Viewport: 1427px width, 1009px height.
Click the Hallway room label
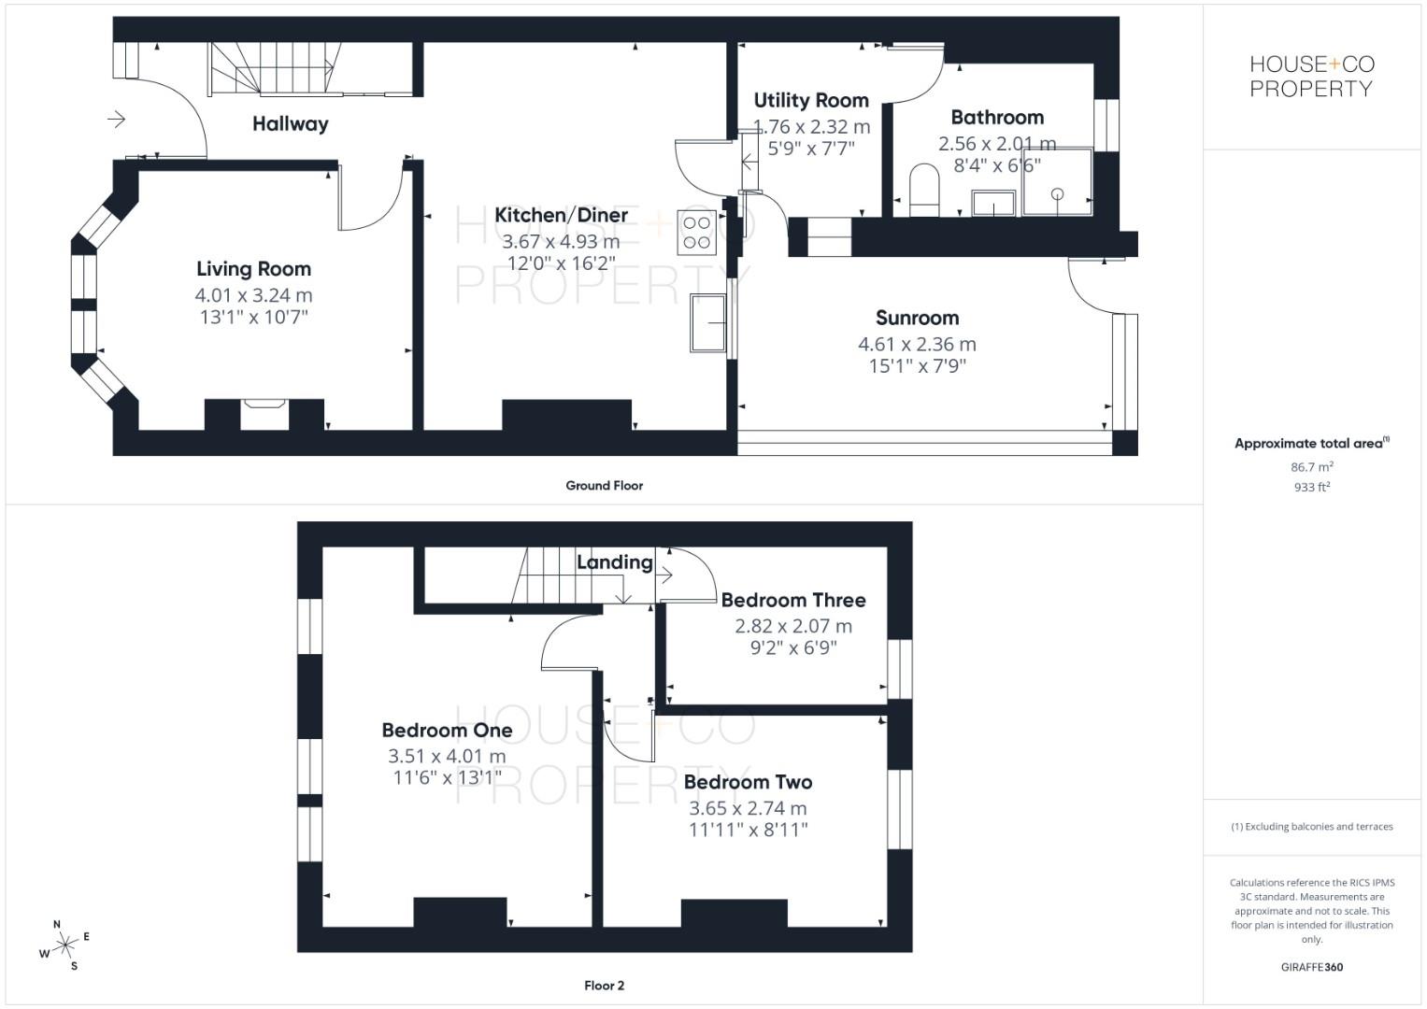pos(290,124)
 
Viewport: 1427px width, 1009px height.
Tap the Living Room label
pos(253,269)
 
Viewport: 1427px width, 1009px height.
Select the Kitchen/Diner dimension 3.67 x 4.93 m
pos(561,242)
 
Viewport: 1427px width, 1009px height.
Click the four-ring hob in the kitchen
pos(697,233)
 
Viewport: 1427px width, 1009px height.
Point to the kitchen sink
pos(707,322)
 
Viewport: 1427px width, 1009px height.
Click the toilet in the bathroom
pos(923,188)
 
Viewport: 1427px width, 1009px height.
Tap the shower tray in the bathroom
pos(1057,181)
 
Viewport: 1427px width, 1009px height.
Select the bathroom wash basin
pos(994,202)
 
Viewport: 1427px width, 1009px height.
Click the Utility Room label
pos(810,101)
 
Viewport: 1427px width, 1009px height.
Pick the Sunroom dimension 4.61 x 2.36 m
pos(917,344)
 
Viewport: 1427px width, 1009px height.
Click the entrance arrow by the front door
pos(117,119)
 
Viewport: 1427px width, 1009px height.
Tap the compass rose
pos(64,945)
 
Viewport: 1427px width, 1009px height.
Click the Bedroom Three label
pos(792,600)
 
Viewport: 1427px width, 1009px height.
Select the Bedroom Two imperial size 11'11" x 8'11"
pos(748,830)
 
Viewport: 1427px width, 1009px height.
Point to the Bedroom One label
pos(447,730)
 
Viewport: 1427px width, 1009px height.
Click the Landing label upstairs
pos(614,562)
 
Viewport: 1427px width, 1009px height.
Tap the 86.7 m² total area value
pos(1311,466)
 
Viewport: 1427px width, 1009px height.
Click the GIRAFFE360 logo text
pos(1311,967)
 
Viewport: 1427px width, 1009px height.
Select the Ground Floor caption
pos(604,486)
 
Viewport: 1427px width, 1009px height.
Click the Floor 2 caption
pos(604,986)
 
